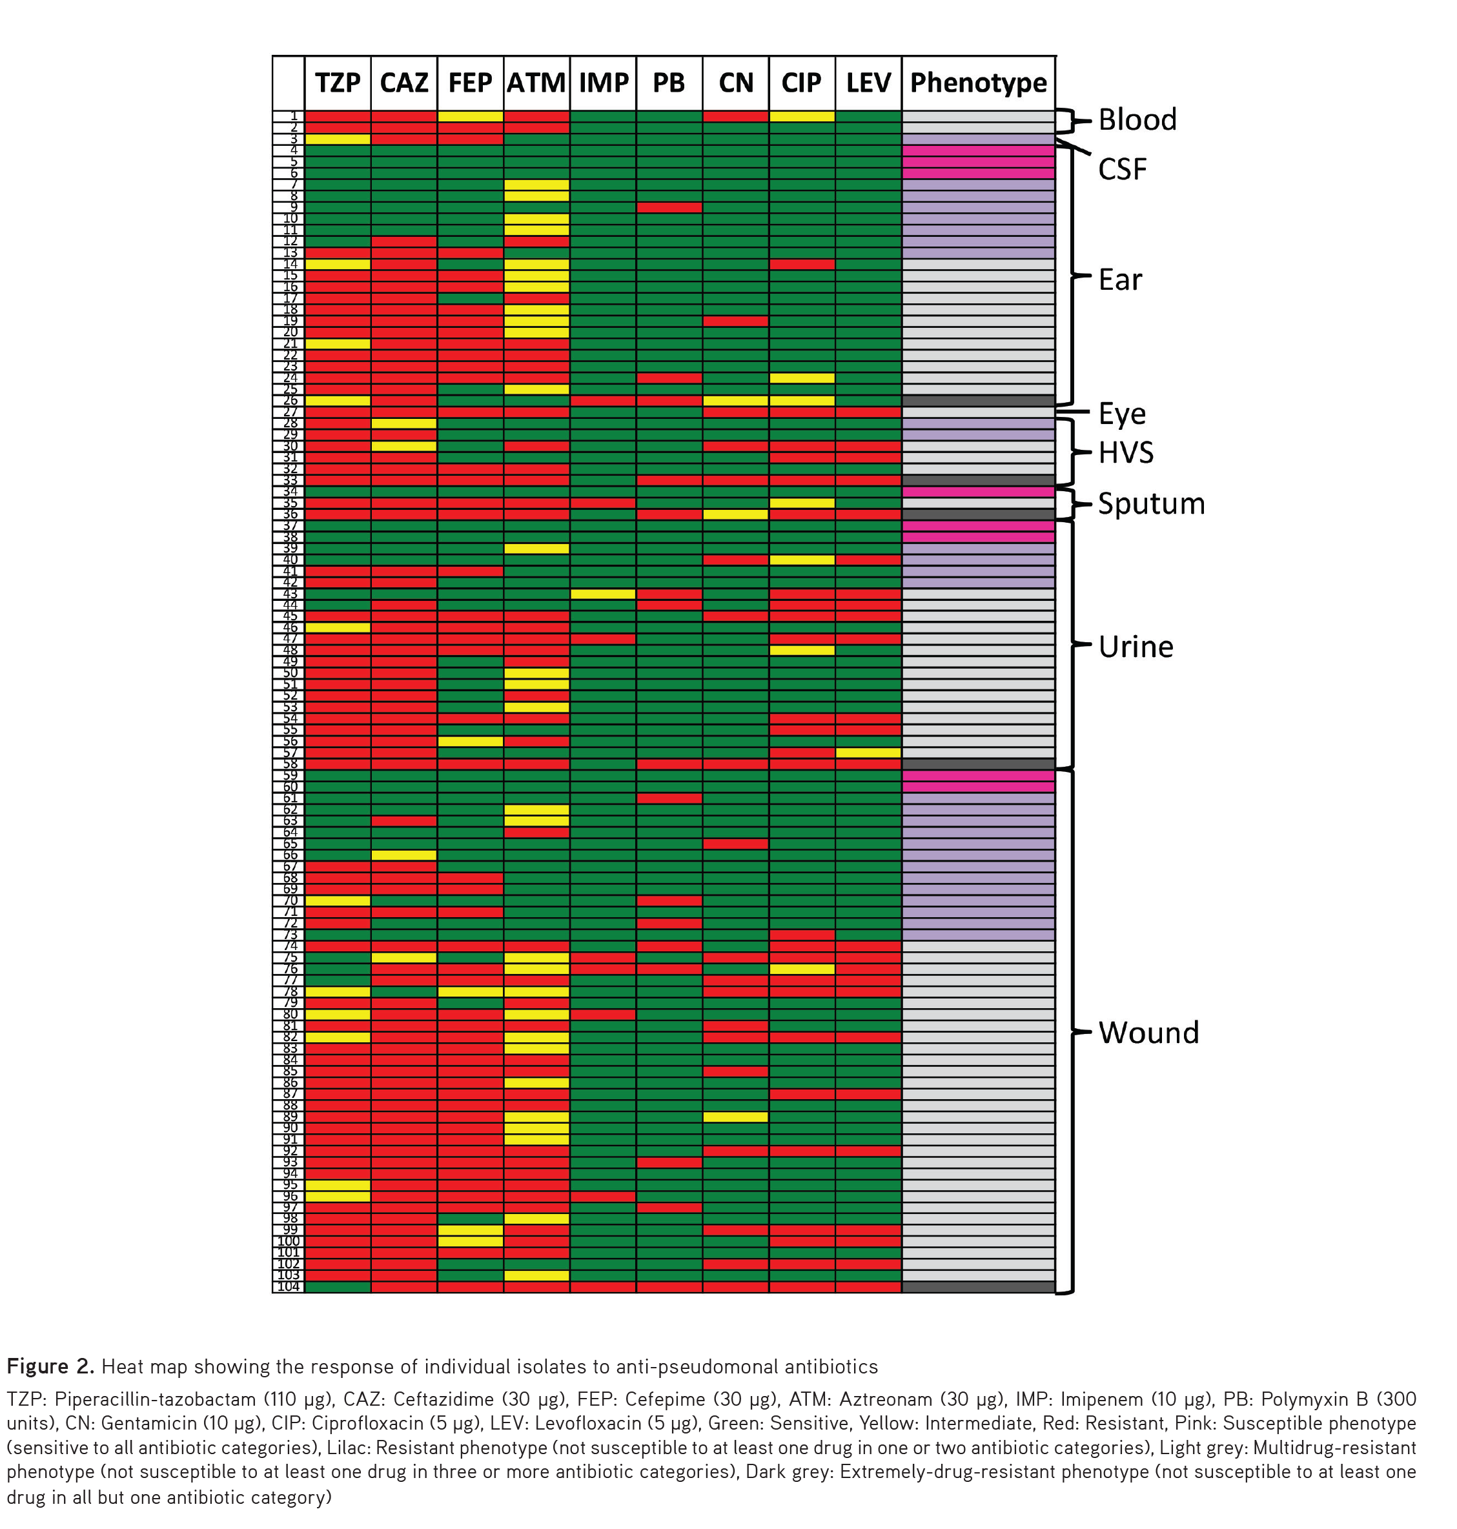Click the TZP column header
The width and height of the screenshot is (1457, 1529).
(337, 83)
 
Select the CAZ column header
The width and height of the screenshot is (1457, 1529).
(404, 83)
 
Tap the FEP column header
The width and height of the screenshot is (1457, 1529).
(470, 83)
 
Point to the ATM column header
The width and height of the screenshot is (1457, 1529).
(536, 83)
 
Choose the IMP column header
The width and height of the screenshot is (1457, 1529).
(603, 83)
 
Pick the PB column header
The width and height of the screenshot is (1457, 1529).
(669, 83)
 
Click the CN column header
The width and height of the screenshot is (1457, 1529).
(735, 83)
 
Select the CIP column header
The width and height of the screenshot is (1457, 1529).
(802, 83)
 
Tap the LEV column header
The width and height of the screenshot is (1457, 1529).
(868, 83)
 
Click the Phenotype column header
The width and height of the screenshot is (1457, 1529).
(978, 83)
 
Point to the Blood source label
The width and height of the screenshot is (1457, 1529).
(1137, 119)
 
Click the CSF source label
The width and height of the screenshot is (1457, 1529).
(1121, 169)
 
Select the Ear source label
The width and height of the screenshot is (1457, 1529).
(1120, 279)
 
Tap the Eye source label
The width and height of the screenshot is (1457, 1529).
(1121, 414)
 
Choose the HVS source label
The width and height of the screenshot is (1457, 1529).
(1125, 452)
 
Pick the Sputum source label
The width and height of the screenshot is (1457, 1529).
(1151, 504)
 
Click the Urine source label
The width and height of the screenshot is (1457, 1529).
(1136, 647)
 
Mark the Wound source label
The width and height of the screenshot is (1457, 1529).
(1148, 1033)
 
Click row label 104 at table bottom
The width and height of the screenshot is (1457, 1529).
(288, 1287)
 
